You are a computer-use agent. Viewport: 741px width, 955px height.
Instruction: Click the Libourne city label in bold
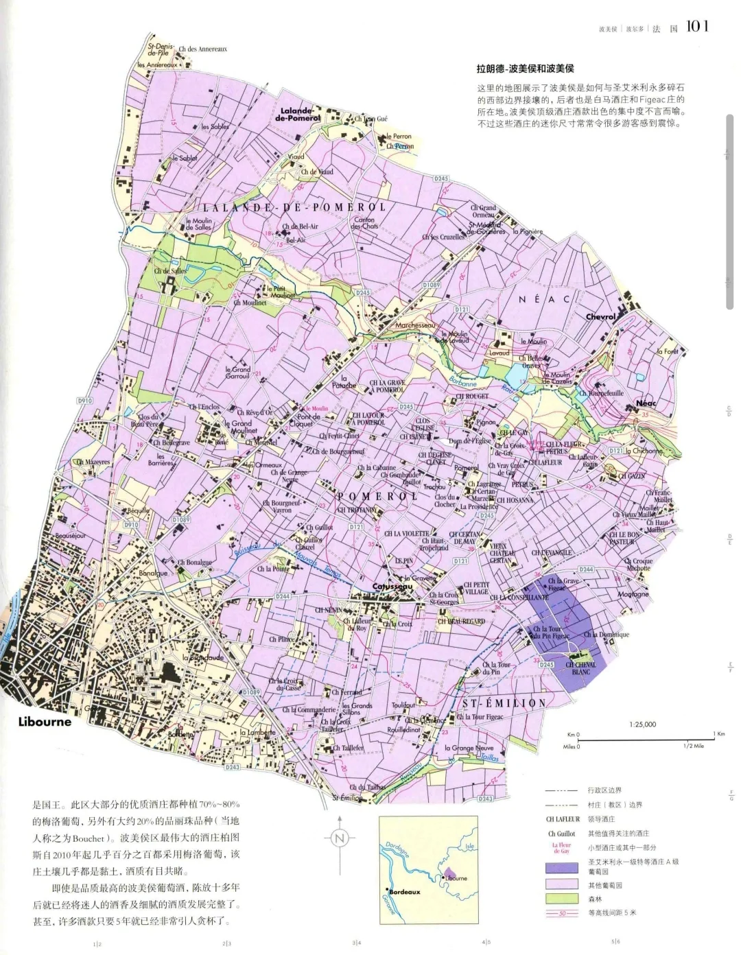45,722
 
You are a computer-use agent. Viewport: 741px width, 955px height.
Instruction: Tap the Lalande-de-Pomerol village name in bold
297,114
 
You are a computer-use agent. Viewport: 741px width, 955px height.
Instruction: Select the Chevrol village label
600,317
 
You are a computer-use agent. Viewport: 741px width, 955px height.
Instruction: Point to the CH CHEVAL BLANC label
581,668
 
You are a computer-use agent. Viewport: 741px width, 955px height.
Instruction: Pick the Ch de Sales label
170,271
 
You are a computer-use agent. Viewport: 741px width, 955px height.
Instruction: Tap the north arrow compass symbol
339,838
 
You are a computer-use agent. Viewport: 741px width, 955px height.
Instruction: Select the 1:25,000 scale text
642,724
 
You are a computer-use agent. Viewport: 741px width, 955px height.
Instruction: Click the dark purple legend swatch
561,866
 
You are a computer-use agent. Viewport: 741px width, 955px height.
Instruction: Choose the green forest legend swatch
561,898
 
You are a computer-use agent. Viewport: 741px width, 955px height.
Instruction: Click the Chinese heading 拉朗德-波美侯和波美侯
525,69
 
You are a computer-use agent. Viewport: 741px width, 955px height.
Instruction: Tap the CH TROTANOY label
356,510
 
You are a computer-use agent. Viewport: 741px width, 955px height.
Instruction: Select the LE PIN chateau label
403,561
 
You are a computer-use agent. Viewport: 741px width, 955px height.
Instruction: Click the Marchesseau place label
414,325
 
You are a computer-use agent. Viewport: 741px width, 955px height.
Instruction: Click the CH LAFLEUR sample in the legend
563,819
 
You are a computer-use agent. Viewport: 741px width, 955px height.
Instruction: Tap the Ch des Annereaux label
202,49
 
